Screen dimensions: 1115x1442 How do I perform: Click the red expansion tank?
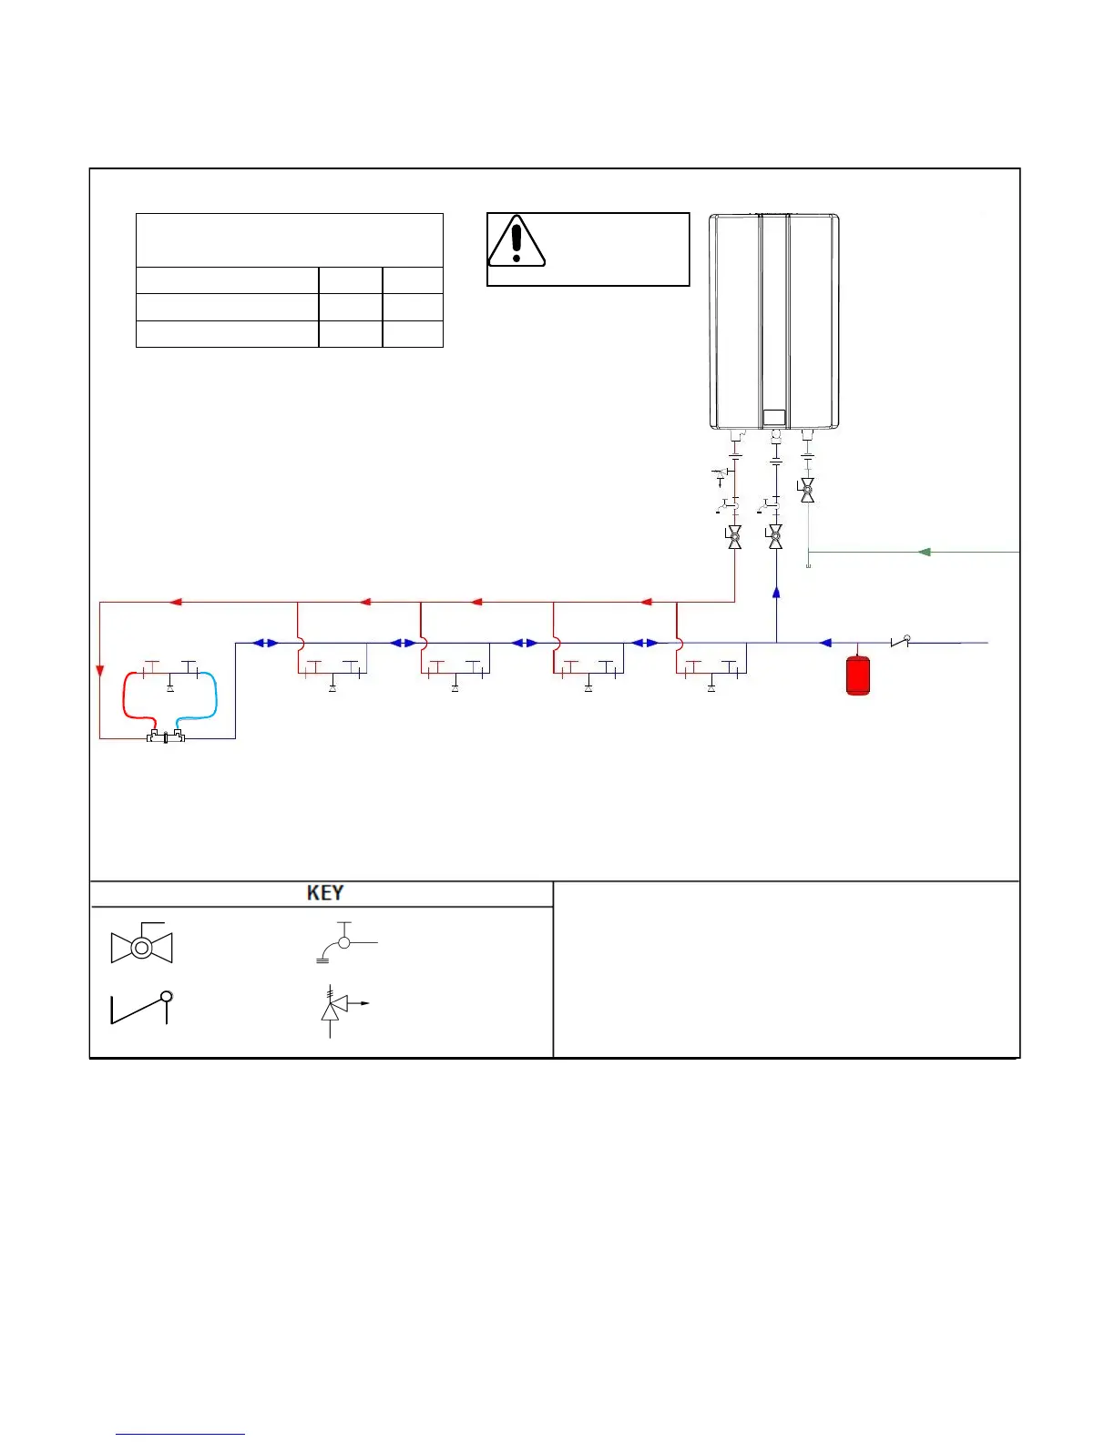857,675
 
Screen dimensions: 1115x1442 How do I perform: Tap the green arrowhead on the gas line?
924,552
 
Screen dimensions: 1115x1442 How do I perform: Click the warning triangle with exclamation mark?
517,241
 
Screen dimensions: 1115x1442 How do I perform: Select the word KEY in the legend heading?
325,893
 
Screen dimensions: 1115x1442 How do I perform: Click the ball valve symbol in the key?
141,947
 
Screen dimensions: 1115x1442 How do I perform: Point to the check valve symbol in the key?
142,1008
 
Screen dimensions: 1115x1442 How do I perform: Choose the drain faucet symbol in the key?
343,943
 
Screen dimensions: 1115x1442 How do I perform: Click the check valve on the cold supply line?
900,642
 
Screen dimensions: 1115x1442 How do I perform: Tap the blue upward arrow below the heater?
776,593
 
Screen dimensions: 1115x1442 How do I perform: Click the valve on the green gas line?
806,491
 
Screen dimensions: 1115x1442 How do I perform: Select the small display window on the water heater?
773,418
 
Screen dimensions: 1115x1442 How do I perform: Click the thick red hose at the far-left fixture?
126,699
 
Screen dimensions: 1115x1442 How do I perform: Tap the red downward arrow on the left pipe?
100,671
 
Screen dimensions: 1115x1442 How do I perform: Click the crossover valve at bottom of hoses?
166,736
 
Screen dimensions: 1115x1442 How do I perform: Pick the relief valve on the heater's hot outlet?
721,473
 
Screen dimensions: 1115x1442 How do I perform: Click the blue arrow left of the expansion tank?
825,643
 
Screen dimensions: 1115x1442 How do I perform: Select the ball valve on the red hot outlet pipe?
734,537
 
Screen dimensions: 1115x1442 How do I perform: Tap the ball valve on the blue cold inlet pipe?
775,537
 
